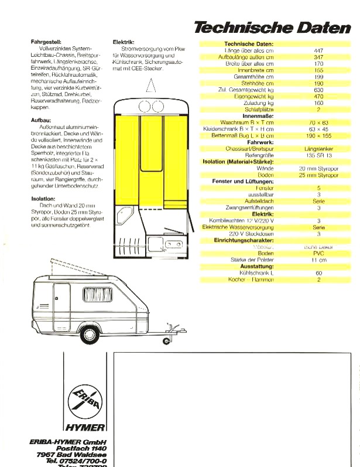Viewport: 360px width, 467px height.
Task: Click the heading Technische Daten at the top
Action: click(272, 27)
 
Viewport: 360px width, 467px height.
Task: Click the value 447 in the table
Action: click(318, 50)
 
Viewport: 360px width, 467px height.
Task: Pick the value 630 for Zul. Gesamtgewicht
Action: click(318, 89)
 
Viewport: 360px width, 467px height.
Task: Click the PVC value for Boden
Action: click(318, 254)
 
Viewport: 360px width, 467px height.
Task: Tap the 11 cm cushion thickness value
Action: click(318, 260)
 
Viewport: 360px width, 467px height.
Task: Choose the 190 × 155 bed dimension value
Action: click(318, 135)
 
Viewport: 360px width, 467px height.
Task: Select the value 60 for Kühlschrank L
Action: click(318, 273)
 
